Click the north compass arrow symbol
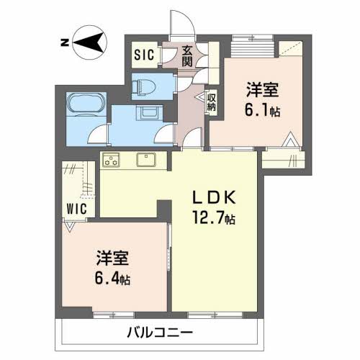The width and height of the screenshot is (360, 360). [x=90, y=42]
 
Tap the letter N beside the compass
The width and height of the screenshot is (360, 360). [x=65, y=42]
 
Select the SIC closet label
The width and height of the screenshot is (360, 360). [x=144, y=55]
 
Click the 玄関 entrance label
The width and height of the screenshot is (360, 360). [x=187, y=56]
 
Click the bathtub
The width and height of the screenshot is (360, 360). [x=86, y=104]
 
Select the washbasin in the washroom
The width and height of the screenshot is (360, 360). [x=147, y=112]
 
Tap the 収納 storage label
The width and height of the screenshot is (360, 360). [x=212, y=102]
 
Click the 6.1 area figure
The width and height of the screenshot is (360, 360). [x=257, y=110]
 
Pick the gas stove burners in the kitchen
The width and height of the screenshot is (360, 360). [x=111, y=160]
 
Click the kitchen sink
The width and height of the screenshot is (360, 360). [x=146, y=159]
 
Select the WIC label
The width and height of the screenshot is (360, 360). [x=76, y=209]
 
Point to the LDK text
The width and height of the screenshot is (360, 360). [x=213, y=199]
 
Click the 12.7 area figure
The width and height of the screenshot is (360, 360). [x=208, y=218]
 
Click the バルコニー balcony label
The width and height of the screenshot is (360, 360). [x=160, y=333]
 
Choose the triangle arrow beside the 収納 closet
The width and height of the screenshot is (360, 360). [x=201, y=96]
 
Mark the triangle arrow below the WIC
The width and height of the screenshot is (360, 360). [x=70, y=227]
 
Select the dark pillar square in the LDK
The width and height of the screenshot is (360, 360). [x=164, y=211]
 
